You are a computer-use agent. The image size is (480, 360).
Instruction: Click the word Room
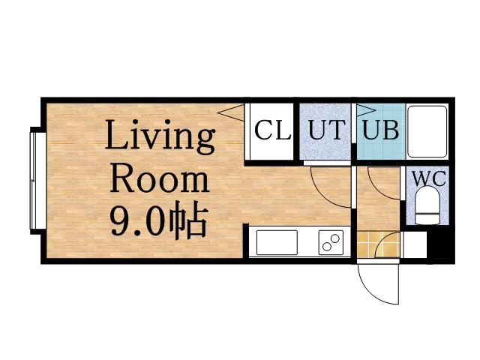(x=160, y=180)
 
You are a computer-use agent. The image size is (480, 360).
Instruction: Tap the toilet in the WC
(x=427, y=206)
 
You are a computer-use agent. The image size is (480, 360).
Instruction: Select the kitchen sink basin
(x=277, y=242)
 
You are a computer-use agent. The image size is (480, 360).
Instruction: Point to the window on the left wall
(x=34, y=180)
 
